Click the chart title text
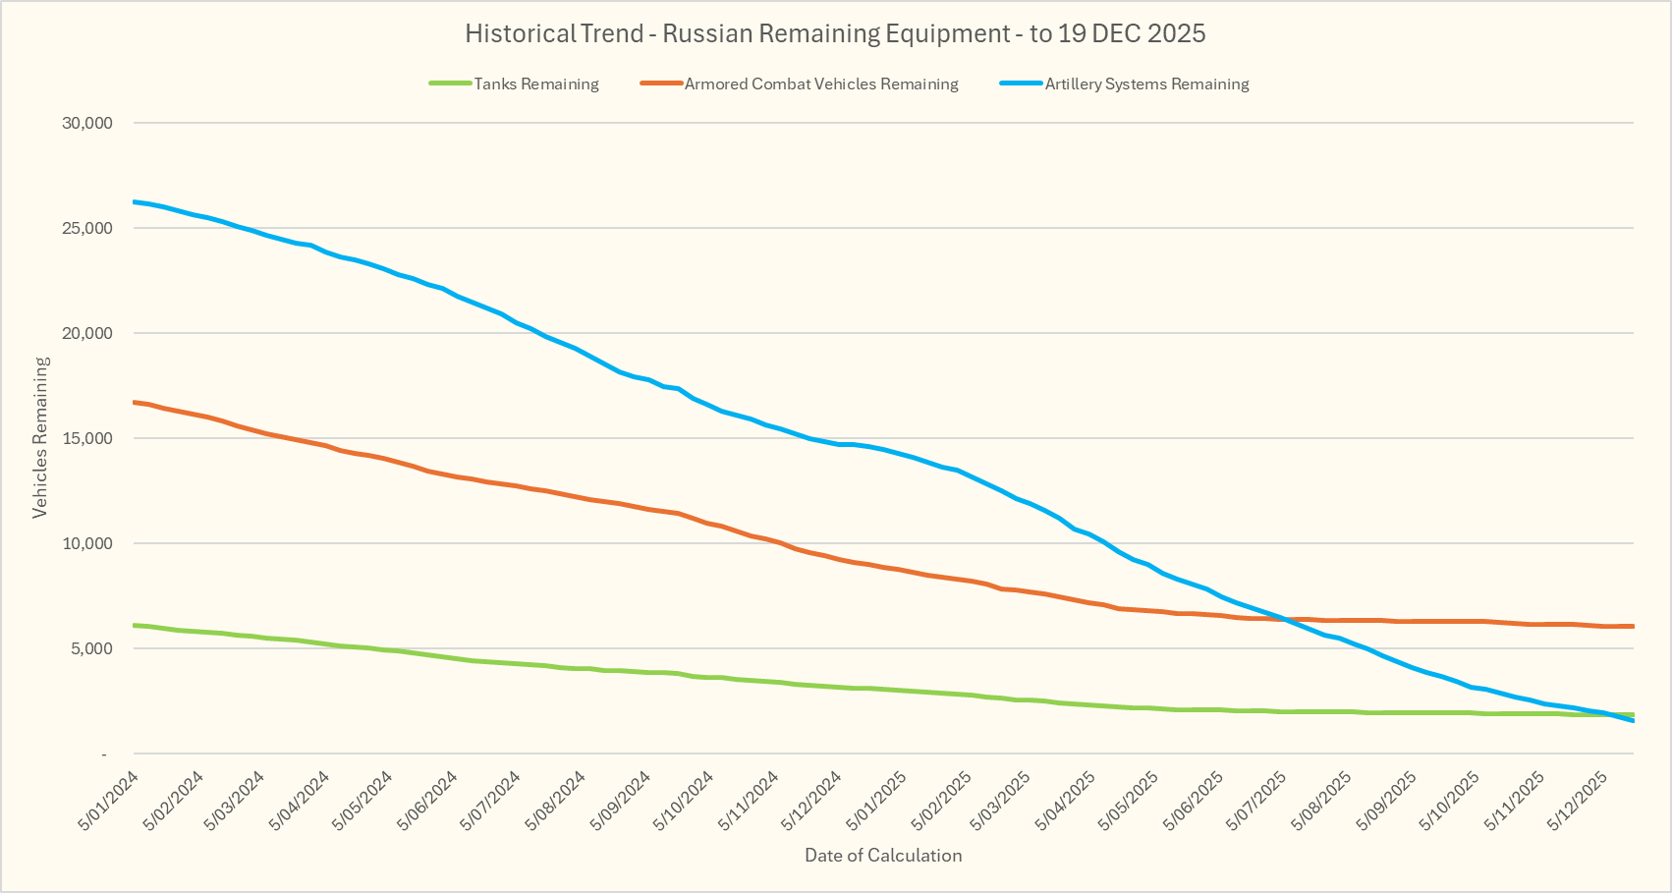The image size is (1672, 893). coord(835,33)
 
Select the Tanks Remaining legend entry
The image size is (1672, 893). coord(535,84)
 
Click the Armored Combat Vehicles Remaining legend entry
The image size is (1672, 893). coord(820,84)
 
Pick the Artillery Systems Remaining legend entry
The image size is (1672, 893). coord(1146,84)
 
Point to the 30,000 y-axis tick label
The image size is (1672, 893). coord(86,123)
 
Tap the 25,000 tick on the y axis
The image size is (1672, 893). coord(86,228)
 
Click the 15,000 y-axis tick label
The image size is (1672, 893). coord(86,438)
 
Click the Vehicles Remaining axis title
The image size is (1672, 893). coord(40,437)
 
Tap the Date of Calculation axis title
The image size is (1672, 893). coord(883,856)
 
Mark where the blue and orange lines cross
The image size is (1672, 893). coord(1282,619)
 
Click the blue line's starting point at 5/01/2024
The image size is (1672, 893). coord(134,201)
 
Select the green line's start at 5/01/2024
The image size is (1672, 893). coord(134,625)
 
